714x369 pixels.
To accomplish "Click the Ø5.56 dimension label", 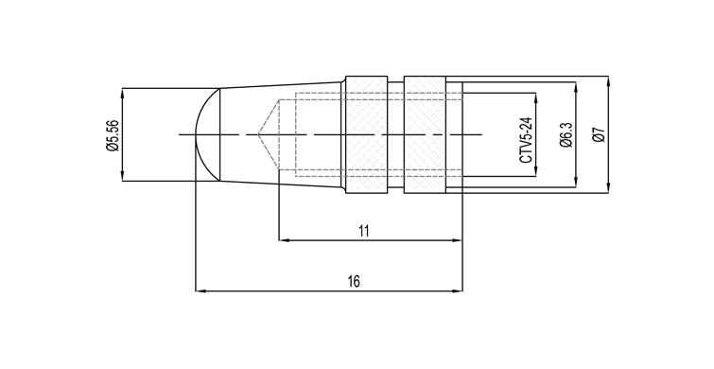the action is (113, 135).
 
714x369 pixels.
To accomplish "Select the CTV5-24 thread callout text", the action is (526, 140).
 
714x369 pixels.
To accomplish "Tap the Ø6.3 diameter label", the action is (566, 135).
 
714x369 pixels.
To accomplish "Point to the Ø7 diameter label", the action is (600, 135).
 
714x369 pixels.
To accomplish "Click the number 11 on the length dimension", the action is (363, 231).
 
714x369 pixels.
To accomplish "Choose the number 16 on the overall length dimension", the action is (354, 282).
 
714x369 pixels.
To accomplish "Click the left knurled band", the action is (367, 135).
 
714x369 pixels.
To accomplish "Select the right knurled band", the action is (425, 135).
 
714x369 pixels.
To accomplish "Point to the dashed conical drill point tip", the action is (258, 135).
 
